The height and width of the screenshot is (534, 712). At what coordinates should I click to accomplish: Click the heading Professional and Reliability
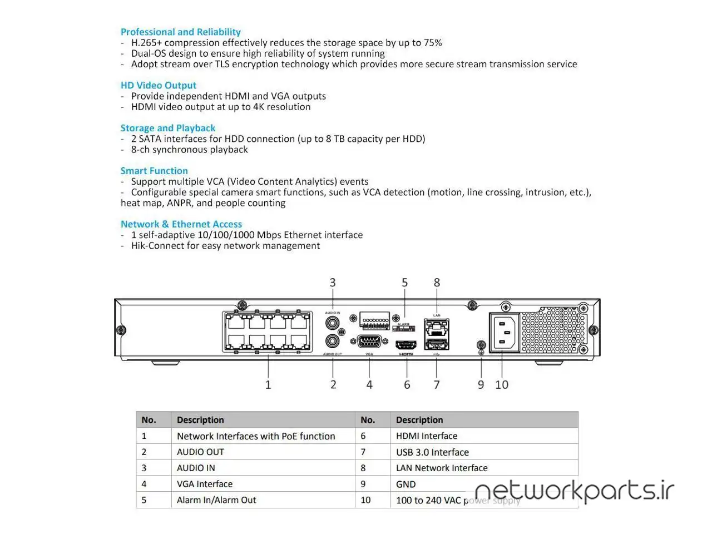click(180, 32)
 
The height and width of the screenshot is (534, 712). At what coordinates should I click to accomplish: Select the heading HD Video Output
click(158, 86)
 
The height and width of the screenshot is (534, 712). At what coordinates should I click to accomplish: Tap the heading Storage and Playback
click(167, 128)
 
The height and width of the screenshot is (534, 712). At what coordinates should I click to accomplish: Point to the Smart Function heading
click(154, 171)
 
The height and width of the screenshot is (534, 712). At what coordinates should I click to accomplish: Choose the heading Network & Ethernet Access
click(181, 224)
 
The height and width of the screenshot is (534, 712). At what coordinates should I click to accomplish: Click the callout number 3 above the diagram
click(333, 283)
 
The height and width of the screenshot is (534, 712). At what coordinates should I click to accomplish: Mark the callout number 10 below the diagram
click(501, 385)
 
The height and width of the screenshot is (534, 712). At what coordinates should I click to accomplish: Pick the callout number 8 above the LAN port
click(437, 283)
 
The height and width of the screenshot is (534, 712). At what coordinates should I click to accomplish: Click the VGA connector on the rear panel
click(369, 342)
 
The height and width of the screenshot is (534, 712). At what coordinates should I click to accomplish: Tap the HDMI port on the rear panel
click(406, 344)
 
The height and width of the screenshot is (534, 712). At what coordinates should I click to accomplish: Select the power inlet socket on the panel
click(504, 333)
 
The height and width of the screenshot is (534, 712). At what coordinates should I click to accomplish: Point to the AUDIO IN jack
click(333, 323)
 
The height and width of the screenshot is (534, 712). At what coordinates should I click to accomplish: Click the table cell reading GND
click(406, 484)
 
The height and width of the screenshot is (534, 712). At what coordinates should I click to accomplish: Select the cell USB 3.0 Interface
click(432, 452)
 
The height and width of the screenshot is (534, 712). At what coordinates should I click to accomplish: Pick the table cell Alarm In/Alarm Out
click(216, 500)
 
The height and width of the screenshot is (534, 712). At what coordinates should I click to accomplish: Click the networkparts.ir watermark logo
click(574, 491)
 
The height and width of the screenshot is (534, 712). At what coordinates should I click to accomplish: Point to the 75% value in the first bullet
click(432, 43)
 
